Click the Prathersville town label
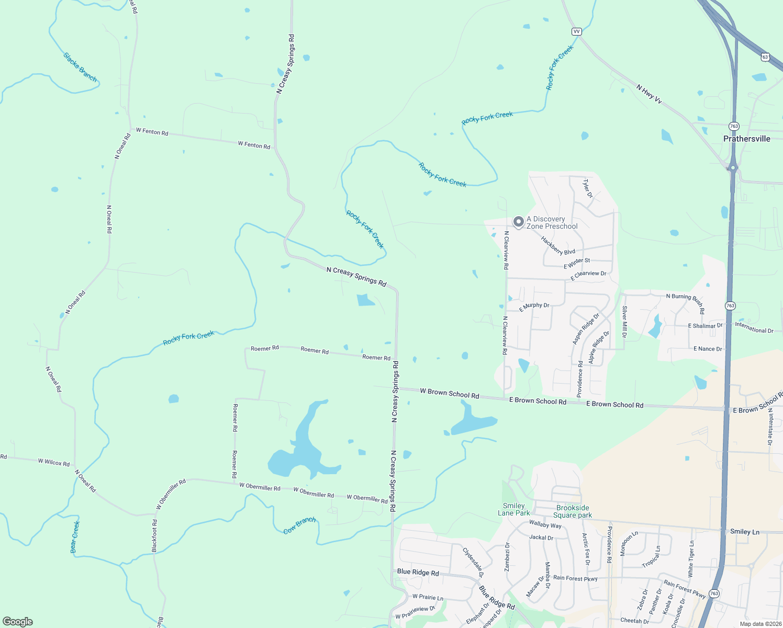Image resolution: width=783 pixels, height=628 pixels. tap(746, 139)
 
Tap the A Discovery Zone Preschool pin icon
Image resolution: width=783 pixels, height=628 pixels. tap(518, 222)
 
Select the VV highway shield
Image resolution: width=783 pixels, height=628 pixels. tap(576, 31)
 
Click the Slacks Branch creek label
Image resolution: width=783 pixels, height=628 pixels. tap(80, 67)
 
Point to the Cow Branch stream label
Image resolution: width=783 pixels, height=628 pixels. tap(299, 525)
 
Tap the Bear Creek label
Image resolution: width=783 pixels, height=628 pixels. tap(75, 536)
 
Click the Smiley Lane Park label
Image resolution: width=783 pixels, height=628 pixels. tap(513, 509)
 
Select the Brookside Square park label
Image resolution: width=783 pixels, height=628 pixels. tap(573, 511)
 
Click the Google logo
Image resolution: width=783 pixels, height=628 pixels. tap(18, 622)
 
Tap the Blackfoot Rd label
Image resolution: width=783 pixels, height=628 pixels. tap(154, 536)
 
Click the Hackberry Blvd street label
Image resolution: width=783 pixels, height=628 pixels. tap(558, 245)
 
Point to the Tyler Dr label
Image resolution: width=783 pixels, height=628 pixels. tap(588, 188)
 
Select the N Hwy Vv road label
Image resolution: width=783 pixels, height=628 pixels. tap(649, 94)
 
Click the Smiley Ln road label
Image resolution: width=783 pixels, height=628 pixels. tap(744, 532)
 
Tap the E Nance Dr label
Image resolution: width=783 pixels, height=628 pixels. tap(708, 349)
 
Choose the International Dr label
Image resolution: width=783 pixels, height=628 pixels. tap(754, 328)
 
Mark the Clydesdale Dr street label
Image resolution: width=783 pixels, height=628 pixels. tap(473, 563)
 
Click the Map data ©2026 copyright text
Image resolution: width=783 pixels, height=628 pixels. tap(760, 624)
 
